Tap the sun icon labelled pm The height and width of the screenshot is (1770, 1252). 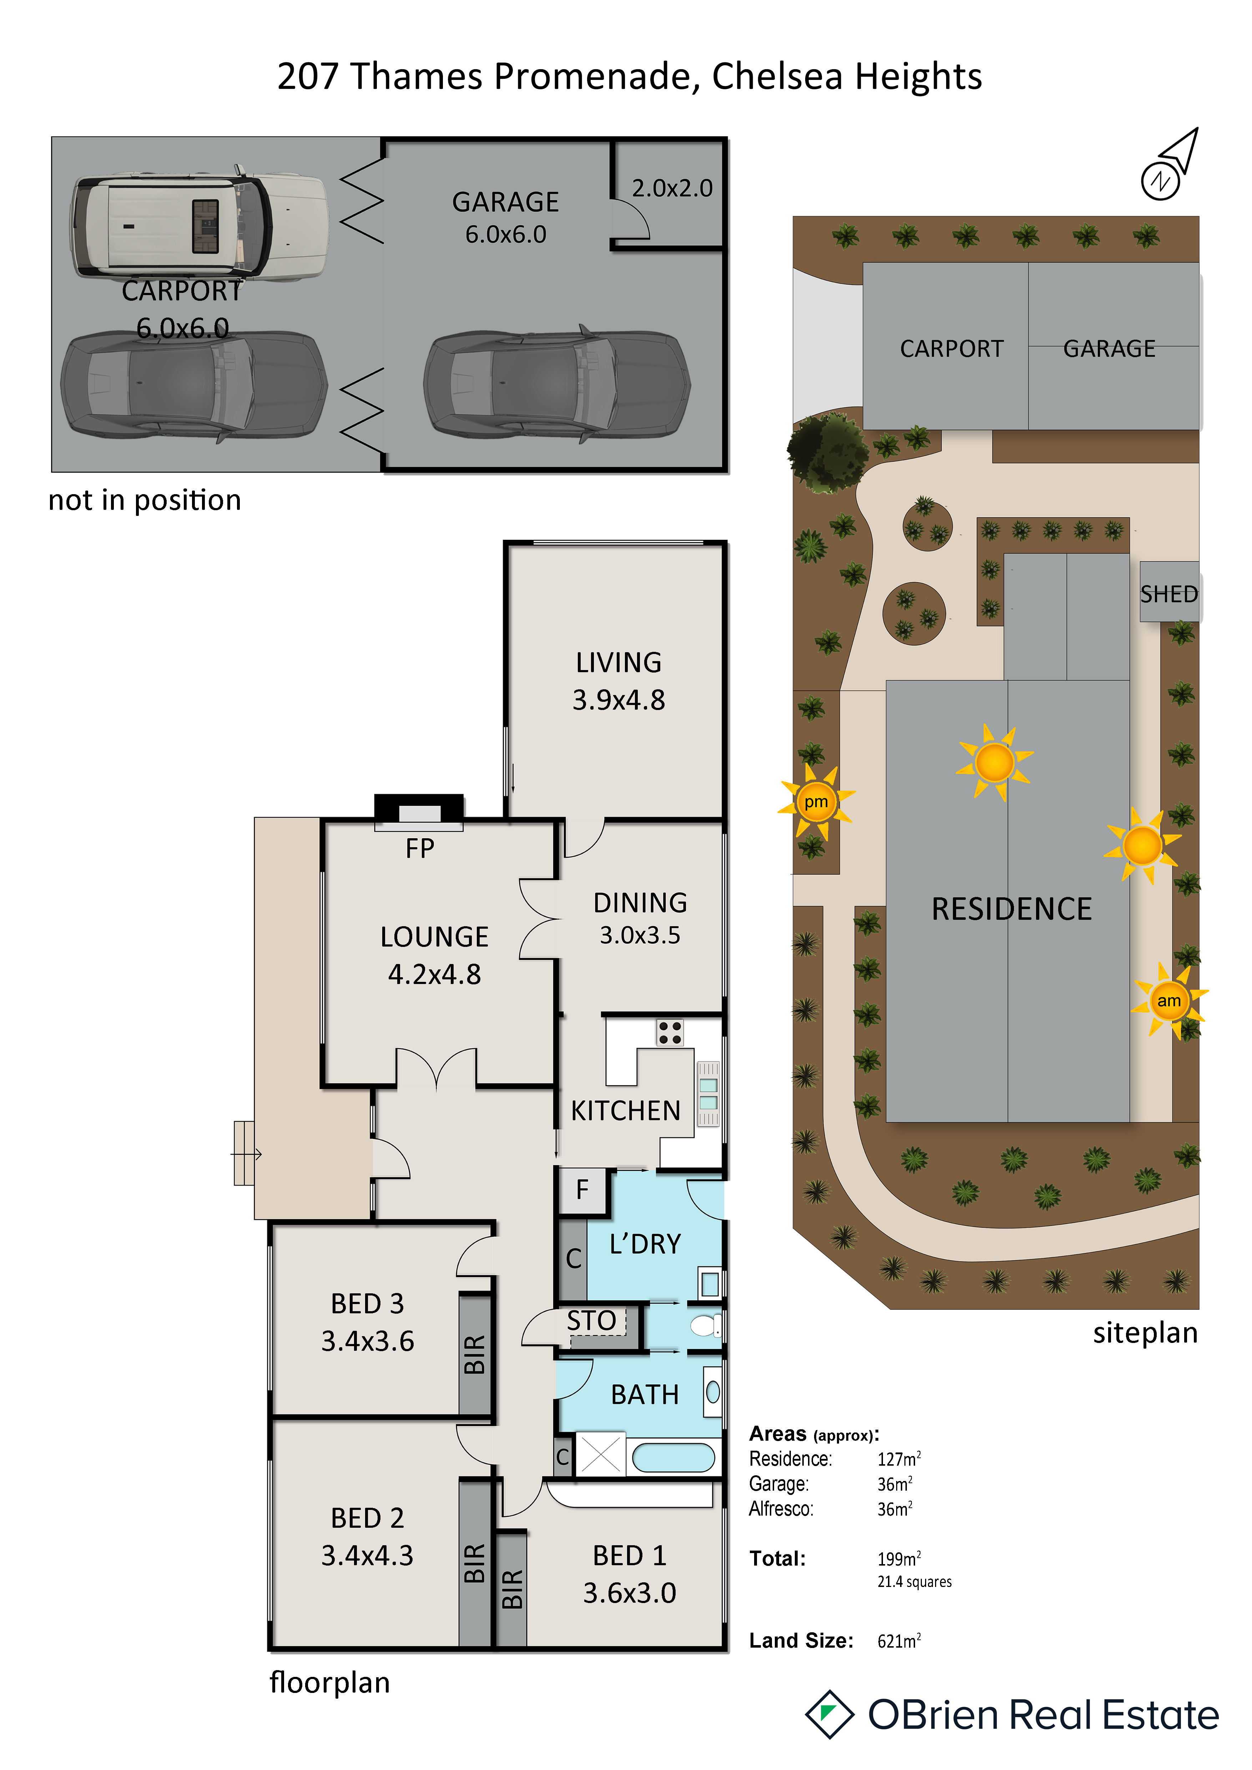(816, 802)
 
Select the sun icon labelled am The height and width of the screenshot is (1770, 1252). (1169, 1001)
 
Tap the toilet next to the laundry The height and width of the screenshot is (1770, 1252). (705, 1326)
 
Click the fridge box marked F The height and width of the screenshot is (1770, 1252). (582, 1190)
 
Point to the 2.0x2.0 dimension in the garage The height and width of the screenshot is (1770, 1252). (672, 188)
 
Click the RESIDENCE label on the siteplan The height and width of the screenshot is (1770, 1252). (1011, 909)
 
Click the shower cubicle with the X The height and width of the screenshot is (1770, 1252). (601, 1455)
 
